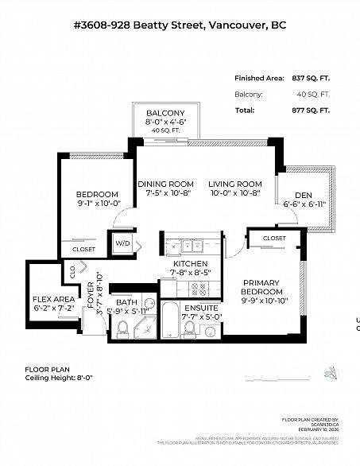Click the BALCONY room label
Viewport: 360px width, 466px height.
[165, 113]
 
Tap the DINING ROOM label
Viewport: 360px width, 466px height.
[165, 184]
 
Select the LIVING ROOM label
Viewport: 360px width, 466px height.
[235, 184]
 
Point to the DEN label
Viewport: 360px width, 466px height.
[303, 196]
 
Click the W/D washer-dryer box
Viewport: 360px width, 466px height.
[122, 243]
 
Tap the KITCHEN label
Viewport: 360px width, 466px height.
[191, 263]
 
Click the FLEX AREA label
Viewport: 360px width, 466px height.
[52, 298]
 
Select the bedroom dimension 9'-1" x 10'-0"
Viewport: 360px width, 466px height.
[97, 203]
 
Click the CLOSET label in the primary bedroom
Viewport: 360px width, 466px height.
[274, 238]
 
